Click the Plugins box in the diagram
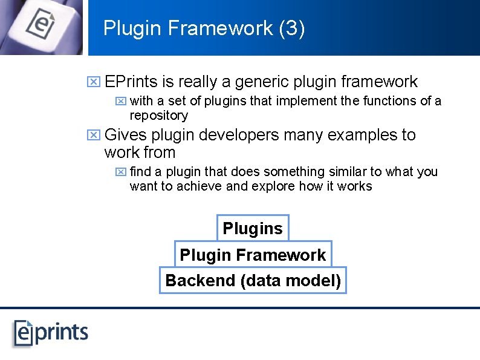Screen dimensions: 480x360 253,229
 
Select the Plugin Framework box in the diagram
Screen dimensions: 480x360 253,255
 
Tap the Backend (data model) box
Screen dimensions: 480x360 253,281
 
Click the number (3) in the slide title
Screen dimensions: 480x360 291,28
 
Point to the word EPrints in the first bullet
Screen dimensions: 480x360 131,82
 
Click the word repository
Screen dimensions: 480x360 159,116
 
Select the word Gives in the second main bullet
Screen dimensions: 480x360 125,135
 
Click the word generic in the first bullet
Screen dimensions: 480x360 262,82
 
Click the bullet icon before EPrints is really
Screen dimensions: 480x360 93,82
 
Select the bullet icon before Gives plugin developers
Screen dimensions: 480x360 93,135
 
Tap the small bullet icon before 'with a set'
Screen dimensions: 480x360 120,101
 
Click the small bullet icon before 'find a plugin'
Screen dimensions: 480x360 120,172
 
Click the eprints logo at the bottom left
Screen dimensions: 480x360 51,332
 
